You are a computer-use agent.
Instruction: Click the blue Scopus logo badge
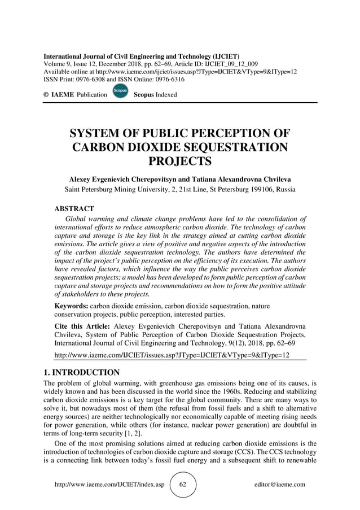point(120,93)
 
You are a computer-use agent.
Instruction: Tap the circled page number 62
point(183,485)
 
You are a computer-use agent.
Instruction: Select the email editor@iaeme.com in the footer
point(280,485)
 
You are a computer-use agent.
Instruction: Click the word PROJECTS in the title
point(180,162)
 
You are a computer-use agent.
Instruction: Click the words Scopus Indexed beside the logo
point(155,94)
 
